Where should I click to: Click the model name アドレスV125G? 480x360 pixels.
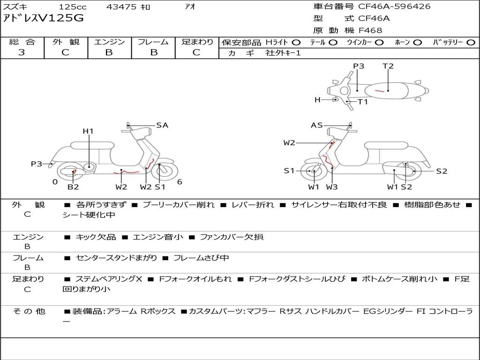point(43,18)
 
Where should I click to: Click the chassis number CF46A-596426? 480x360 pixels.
point(394,7)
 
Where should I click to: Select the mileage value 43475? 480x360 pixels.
point(121,7)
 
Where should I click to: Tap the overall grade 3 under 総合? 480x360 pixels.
point(22,52)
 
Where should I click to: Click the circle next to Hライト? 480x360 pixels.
point(296,43)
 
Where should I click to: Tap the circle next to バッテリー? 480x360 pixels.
point(471,43)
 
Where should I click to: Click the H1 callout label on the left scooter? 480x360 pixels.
point(88,131)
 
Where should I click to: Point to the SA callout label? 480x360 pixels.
point(162,125)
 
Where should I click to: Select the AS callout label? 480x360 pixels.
point(317,125)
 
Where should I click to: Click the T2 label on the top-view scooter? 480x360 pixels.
point(388,66)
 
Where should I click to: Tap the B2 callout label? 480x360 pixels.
point(73,187)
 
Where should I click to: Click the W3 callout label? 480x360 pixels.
point(332,187)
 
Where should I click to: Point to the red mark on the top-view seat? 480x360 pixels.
point(380,90)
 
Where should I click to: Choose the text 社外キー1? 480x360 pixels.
point(283,53)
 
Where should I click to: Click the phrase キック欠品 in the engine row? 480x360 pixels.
point(96,237)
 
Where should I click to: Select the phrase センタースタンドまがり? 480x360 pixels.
point(116,258)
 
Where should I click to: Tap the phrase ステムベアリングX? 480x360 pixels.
point(109,279)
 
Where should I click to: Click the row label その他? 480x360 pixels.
point(29,311)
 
